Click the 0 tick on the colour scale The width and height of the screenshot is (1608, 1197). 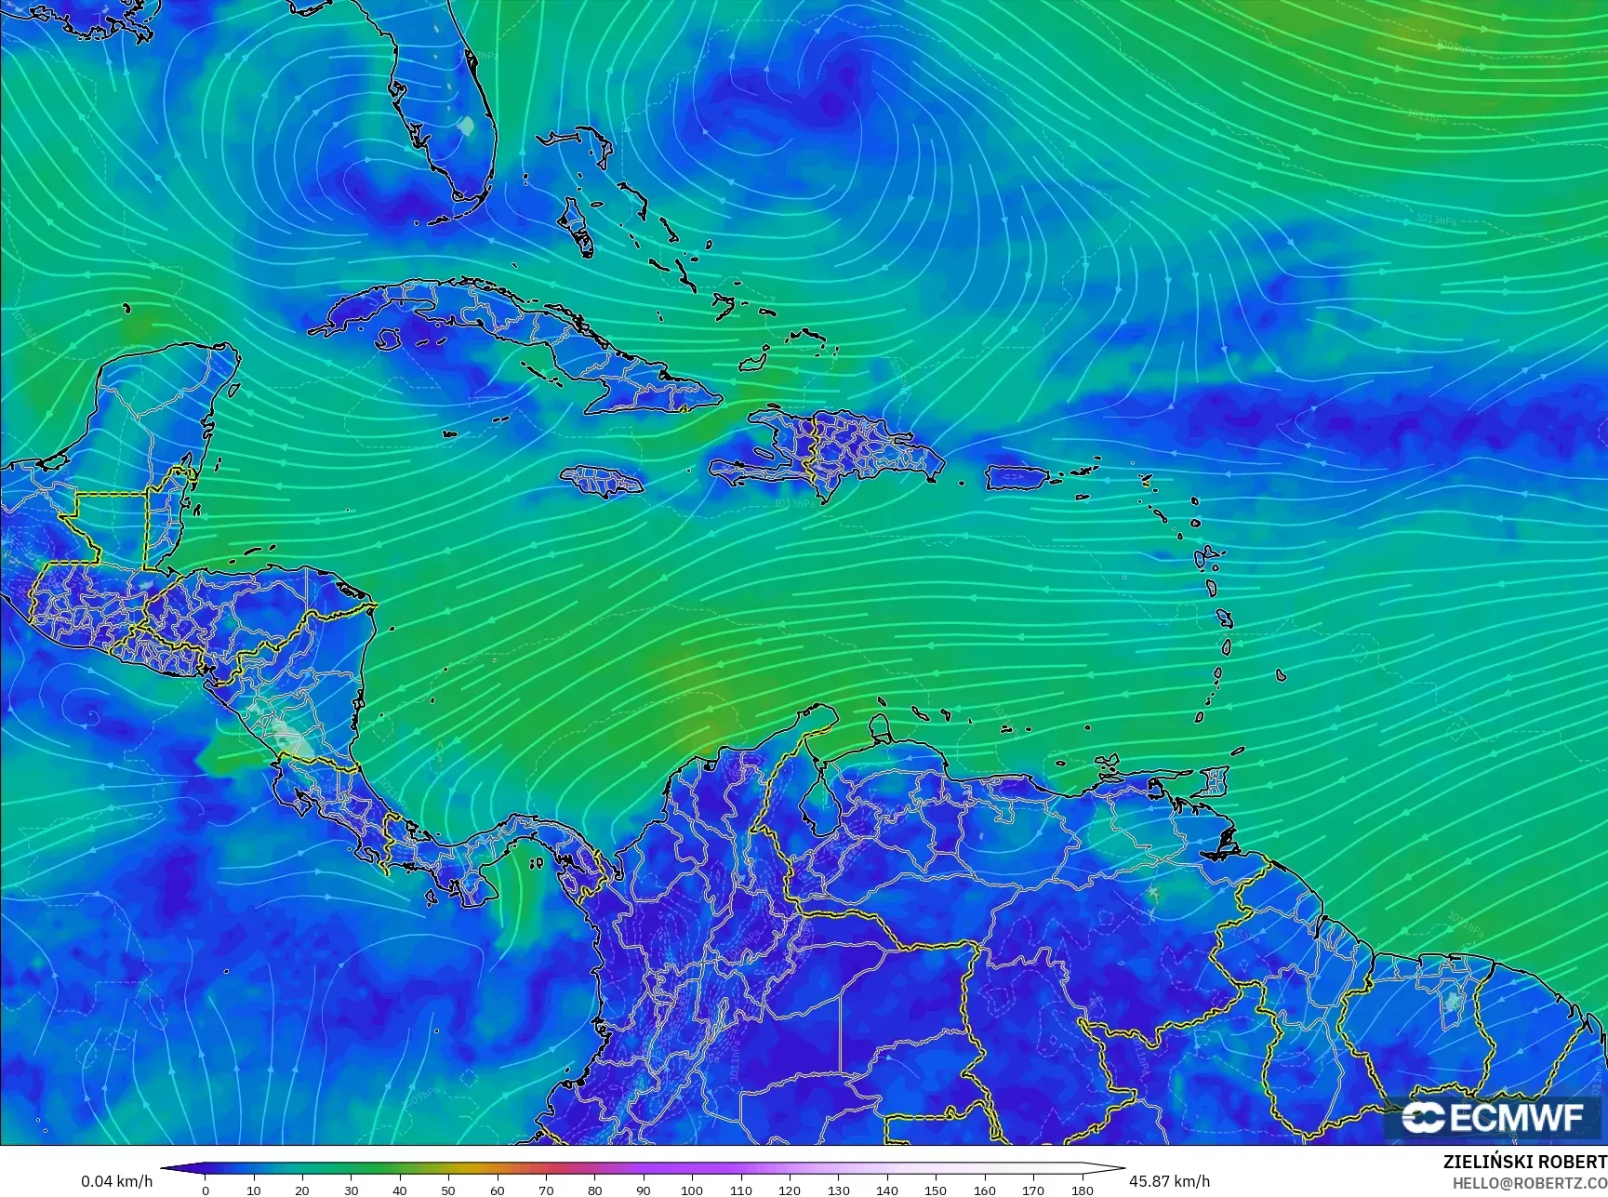tap(206, 1190)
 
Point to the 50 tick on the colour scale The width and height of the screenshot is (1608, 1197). tap(448, 1190)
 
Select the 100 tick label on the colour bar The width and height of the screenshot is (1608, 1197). tap(692, 1190)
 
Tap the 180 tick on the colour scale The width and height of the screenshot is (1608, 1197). tap(1082, 1190)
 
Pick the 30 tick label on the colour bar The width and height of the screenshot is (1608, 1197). tap(351, 1190)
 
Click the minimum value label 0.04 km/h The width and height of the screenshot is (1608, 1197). tap(116, 1181)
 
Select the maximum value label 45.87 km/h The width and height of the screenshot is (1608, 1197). tap(1169, 1181)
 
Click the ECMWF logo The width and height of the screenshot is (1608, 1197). tap(1493, 1117)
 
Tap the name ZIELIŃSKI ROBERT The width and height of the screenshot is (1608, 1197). tap(1524, 1162)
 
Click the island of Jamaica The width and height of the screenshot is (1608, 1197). tap(603, 480)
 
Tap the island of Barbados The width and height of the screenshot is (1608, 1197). tap(1281, 675)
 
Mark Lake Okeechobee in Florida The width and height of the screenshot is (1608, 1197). tap(468, 123)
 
